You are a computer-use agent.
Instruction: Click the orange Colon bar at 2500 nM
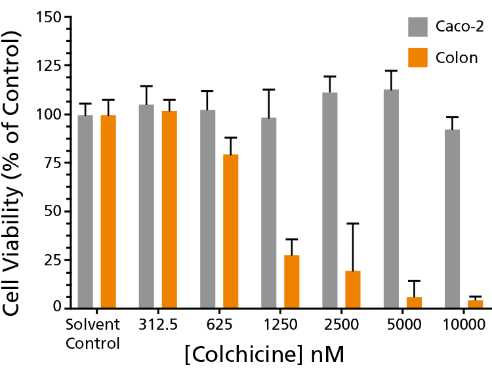pyautogui.click(x=353, y=289)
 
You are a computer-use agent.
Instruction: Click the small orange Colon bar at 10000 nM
pyautogui.click(x=475, y=304)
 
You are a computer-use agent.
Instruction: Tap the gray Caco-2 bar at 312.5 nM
pyautogui.click(x=146, y=206)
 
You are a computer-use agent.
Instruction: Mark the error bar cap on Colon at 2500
pyautogui.click(x=353, y=223)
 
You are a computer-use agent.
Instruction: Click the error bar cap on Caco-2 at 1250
pyautogui.click(x=269, y=89)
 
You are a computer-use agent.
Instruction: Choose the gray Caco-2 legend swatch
pyautogui.click(x=418, y=27)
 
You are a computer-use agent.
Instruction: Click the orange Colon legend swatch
pyautogui.click(x=418, y=57)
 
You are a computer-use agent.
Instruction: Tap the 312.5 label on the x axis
pyautogui.click(x=158, y=324)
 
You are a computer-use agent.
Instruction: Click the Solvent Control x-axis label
pyautogui.click(x=93, y=333)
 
